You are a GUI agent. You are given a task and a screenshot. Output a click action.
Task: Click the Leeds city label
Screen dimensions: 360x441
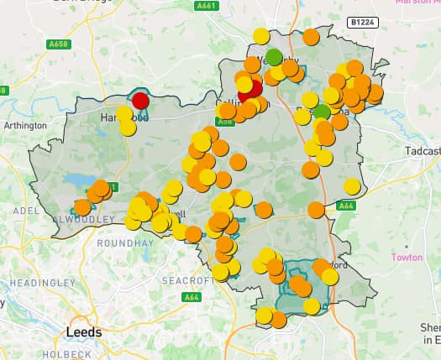pos(83,332)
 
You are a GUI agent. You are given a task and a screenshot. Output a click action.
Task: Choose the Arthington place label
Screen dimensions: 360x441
pos(25,126)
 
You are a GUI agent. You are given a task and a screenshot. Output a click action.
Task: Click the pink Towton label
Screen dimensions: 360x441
pos(407,257)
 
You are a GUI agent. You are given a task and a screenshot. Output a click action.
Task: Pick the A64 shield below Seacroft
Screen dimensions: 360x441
pos(192,296)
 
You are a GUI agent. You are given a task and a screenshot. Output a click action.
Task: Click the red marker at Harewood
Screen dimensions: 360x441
pos(140,101)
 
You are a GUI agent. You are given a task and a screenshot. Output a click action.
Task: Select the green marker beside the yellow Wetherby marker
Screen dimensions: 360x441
pos(274,57)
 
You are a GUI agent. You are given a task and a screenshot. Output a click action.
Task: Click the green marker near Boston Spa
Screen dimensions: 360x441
pos(322,112)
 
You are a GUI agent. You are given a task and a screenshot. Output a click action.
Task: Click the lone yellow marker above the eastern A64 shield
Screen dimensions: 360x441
pos(352,186)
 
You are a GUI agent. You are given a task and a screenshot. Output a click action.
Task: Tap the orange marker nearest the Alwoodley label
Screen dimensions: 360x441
pos(82,206)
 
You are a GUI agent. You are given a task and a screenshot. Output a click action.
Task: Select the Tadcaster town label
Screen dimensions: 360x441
pos(423,151)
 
